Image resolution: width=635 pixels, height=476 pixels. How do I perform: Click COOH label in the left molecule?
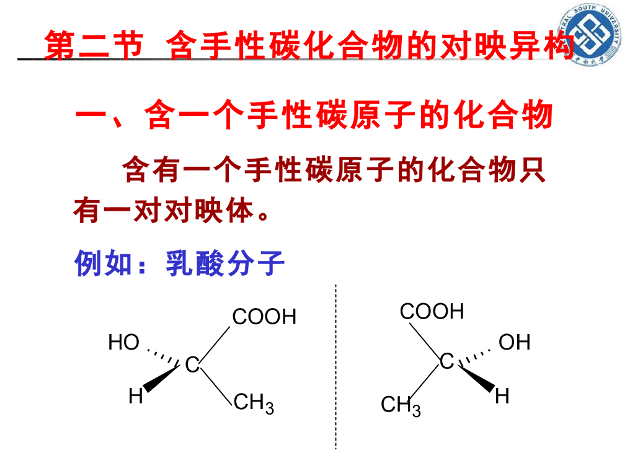[264, 317]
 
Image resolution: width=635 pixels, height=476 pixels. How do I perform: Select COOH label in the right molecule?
[432, 311]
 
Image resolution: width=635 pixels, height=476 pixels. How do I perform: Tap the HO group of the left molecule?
[124, 342]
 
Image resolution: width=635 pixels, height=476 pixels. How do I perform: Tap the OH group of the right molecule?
[514, 342]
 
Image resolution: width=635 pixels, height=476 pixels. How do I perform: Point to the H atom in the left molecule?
[136, 396]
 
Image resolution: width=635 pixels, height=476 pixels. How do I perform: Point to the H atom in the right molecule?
[502, 396]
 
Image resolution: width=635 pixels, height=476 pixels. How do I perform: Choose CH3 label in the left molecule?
[254, 404]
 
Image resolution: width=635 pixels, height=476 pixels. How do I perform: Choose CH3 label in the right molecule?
[401, 407]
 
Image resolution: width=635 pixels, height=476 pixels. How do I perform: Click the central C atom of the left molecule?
[192, 366]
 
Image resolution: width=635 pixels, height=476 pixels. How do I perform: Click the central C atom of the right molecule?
[446, 361]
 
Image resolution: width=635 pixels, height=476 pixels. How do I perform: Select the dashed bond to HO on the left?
[162, 355]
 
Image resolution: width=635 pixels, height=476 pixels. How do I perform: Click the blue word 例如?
[103, 265]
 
